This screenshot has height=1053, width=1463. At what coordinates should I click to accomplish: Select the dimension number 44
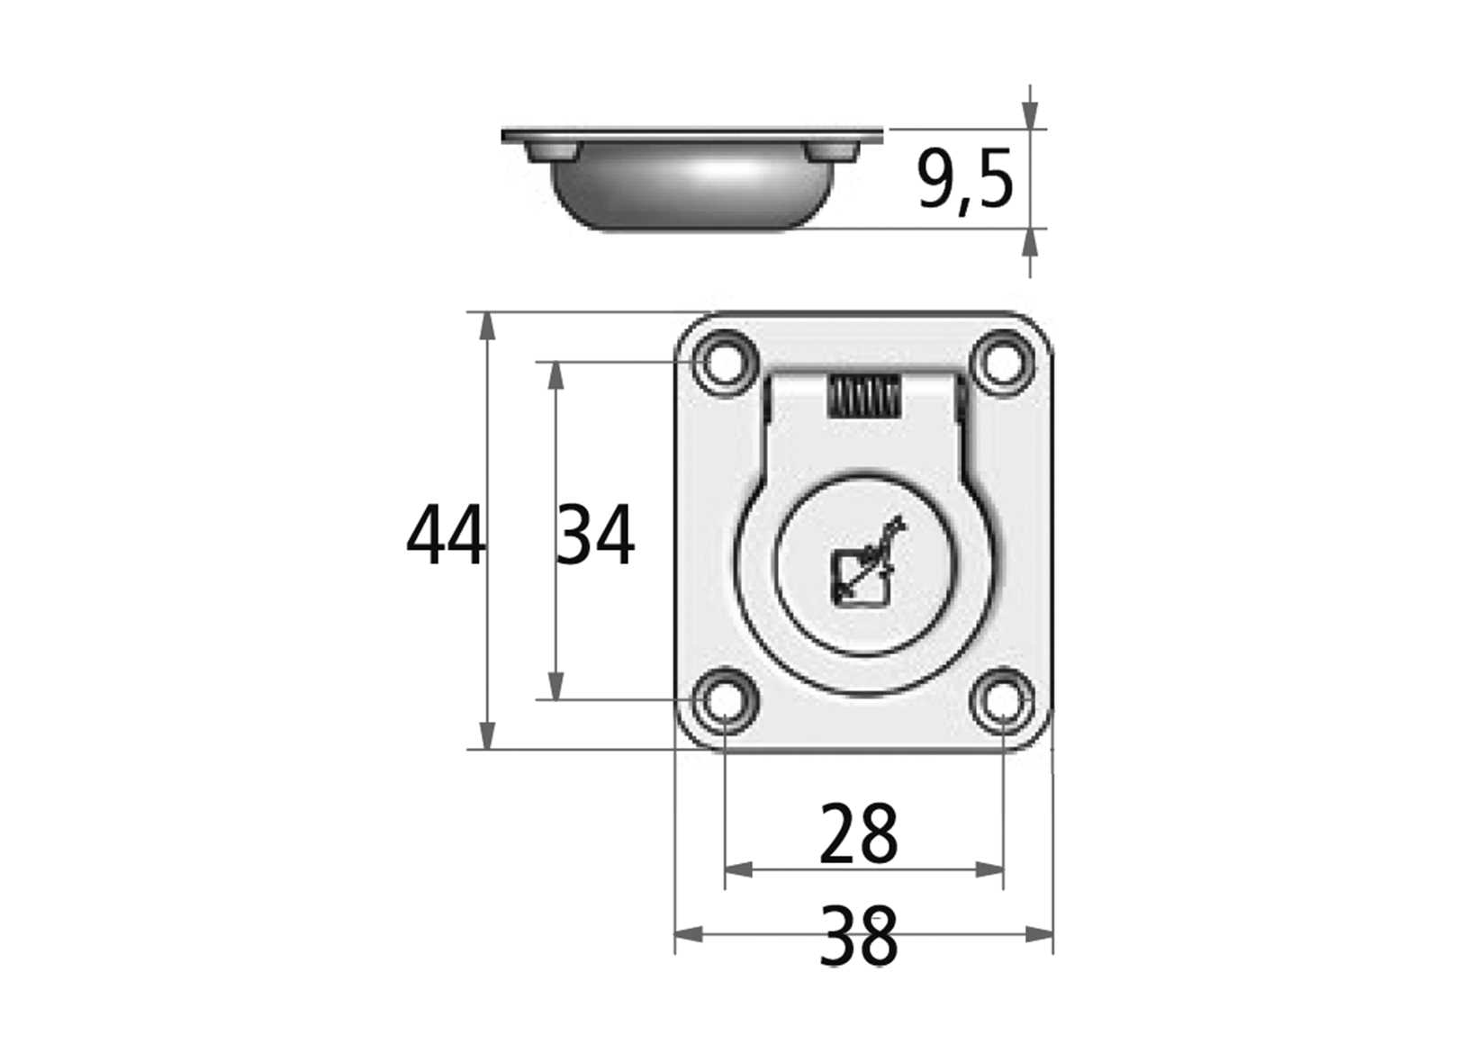tap(445, 536)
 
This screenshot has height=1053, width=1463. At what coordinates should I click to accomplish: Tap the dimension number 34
tap(595, 536)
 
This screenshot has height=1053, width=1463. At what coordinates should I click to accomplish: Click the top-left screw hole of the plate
tap(725, 363)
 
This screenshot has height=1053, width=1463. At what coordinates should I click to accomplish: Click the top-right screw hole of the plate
tap(1001, 363)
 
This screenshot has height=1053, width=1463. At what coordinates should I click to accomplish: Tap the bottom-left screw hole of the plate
tap(725, 699)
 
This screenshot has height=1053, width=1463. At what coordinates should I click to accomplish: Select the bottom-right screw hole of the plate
tap(1001, 699)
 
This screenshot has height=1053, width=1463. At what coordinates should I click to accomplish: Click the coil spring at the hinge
tap(863, 396)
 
